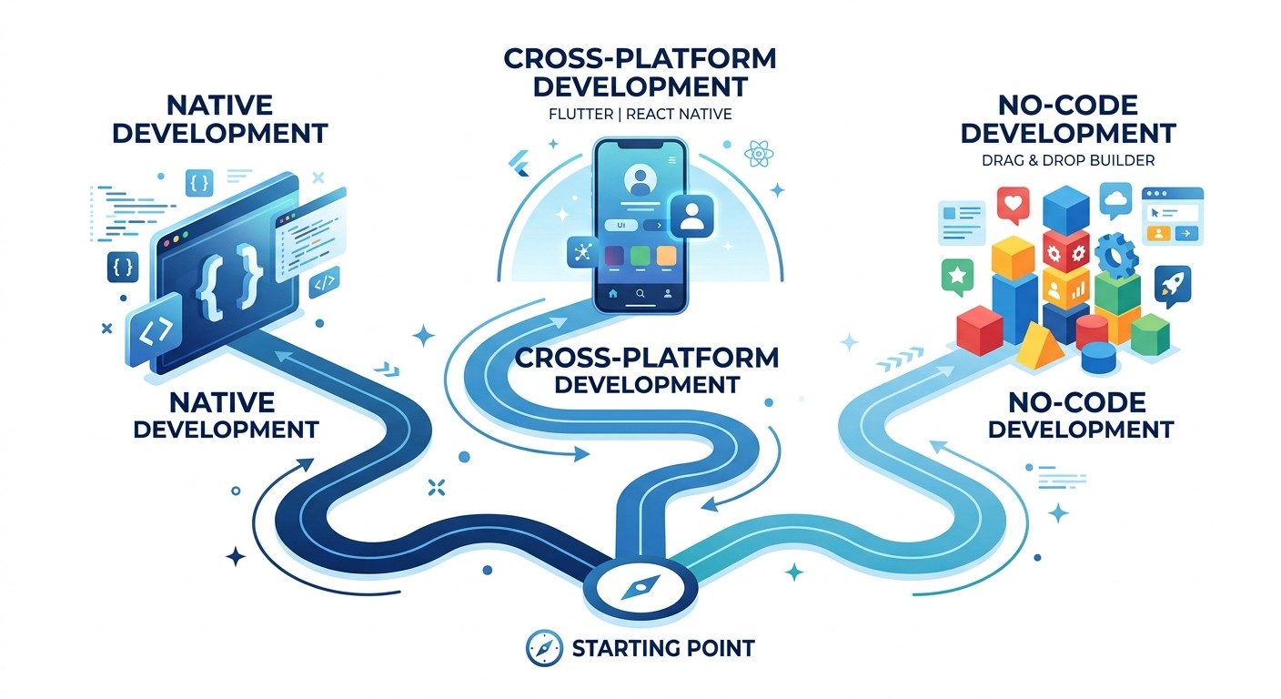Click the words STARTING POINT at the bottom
click(x=662, y=648)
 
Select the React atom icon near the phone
click(x=758, y=154)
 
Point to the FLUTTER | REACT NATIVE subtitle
click(x=640, y=115)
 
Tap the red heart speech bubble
click(x=1013, y=204)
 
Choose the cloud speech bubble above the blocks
click(x=1115, y=198)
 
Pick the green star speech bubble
click(x=955, y=276)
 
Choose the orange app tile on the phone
click(x=666, y=256)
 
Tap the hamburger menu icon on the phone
click(x=671, y=160)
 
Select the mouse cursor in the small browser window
click(x=1155, y=213)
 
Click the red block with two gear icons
click(x=1064, y=247)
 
